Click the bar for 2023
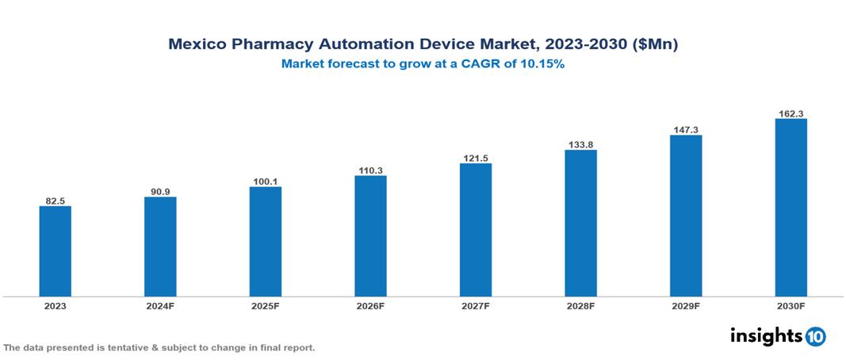[56, 251]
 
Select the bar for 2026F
[370, 236]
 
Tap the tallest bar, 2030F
[790, 208]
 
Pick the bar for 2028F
[580, 224]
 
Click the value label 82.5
[56, 200]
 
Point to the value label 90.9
[160, 190]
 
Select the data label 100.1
[265, 181]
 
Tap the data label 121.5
[475, 157]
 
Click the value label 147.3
[685, 128]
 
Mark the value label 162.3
[790, 113]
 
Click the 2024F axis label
[160, 305]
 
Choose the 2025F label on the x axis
[265, 305]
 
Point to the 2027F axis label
[475, 305]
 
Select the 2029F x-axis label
[685, 305]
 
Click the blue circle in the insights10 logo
[815, 336]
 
